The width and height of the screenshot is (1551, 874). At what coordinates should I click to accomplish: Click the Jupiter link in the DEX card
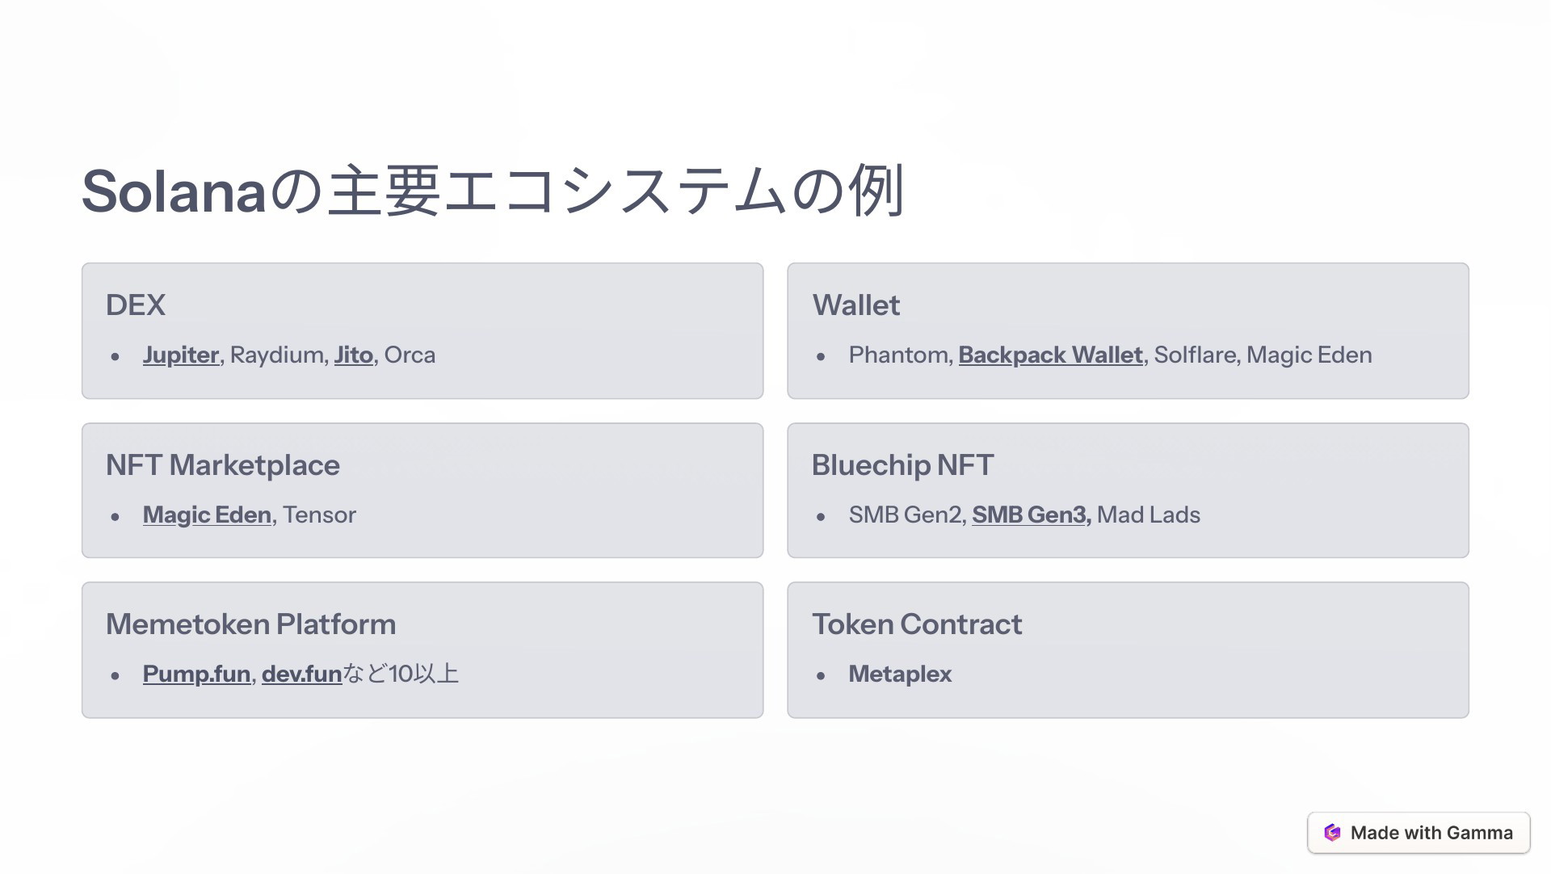coord(181,355)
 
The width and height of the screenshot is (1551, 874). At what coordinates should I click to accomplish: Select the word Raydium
coord(277,355)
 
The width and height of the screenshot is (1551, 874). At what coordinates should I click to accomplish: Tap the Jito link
coord(354,355)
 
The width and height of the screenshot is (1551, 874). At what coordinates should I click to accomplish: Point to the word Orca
coord(410,355)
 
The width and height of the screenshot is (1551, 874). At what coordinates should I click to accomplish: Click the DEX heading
coord(136,305)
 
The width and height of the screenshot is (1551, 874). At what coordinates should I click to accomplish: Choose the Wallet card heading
coord(855,305)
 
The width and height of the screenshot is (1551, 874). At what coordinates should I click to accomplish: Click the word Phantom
coord(898,355)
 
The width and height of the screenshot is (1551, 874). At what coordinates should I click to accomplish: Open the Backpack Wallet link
coord(1051,355)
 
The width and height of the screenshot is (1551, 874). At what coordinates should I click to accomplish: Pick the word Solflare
coord(1195,355)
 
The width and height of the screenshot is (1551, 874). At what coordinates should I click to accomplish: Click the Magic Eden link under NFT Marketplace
coord(207,515)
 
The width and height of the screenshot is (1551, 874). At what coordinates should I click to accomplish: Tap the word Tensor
coord(319,515)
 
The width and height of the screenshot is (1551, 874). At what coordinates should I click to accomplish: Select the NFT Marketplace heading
coord(223,465)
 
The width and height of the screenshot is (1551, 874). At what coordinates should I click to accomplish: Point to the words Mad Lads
coord(1149,515)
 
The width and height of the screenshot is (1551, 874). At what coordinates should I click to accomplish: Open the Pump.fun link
coord(196,674)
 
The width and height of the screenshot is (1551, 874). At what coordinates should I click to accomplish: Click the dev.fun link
coord(301,674)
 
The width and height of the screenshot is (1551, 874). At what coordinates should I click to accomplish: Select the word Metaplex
coord(900,674)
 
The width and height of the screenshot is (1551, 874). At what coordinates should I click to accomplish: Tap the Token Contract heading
coord(917,624)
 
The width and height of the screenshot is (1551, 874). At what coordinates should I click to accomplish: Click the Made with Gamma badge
coord(1419,833)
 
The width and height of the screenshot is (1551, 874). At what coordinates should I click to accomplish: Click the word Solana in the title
coord(174,192)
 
